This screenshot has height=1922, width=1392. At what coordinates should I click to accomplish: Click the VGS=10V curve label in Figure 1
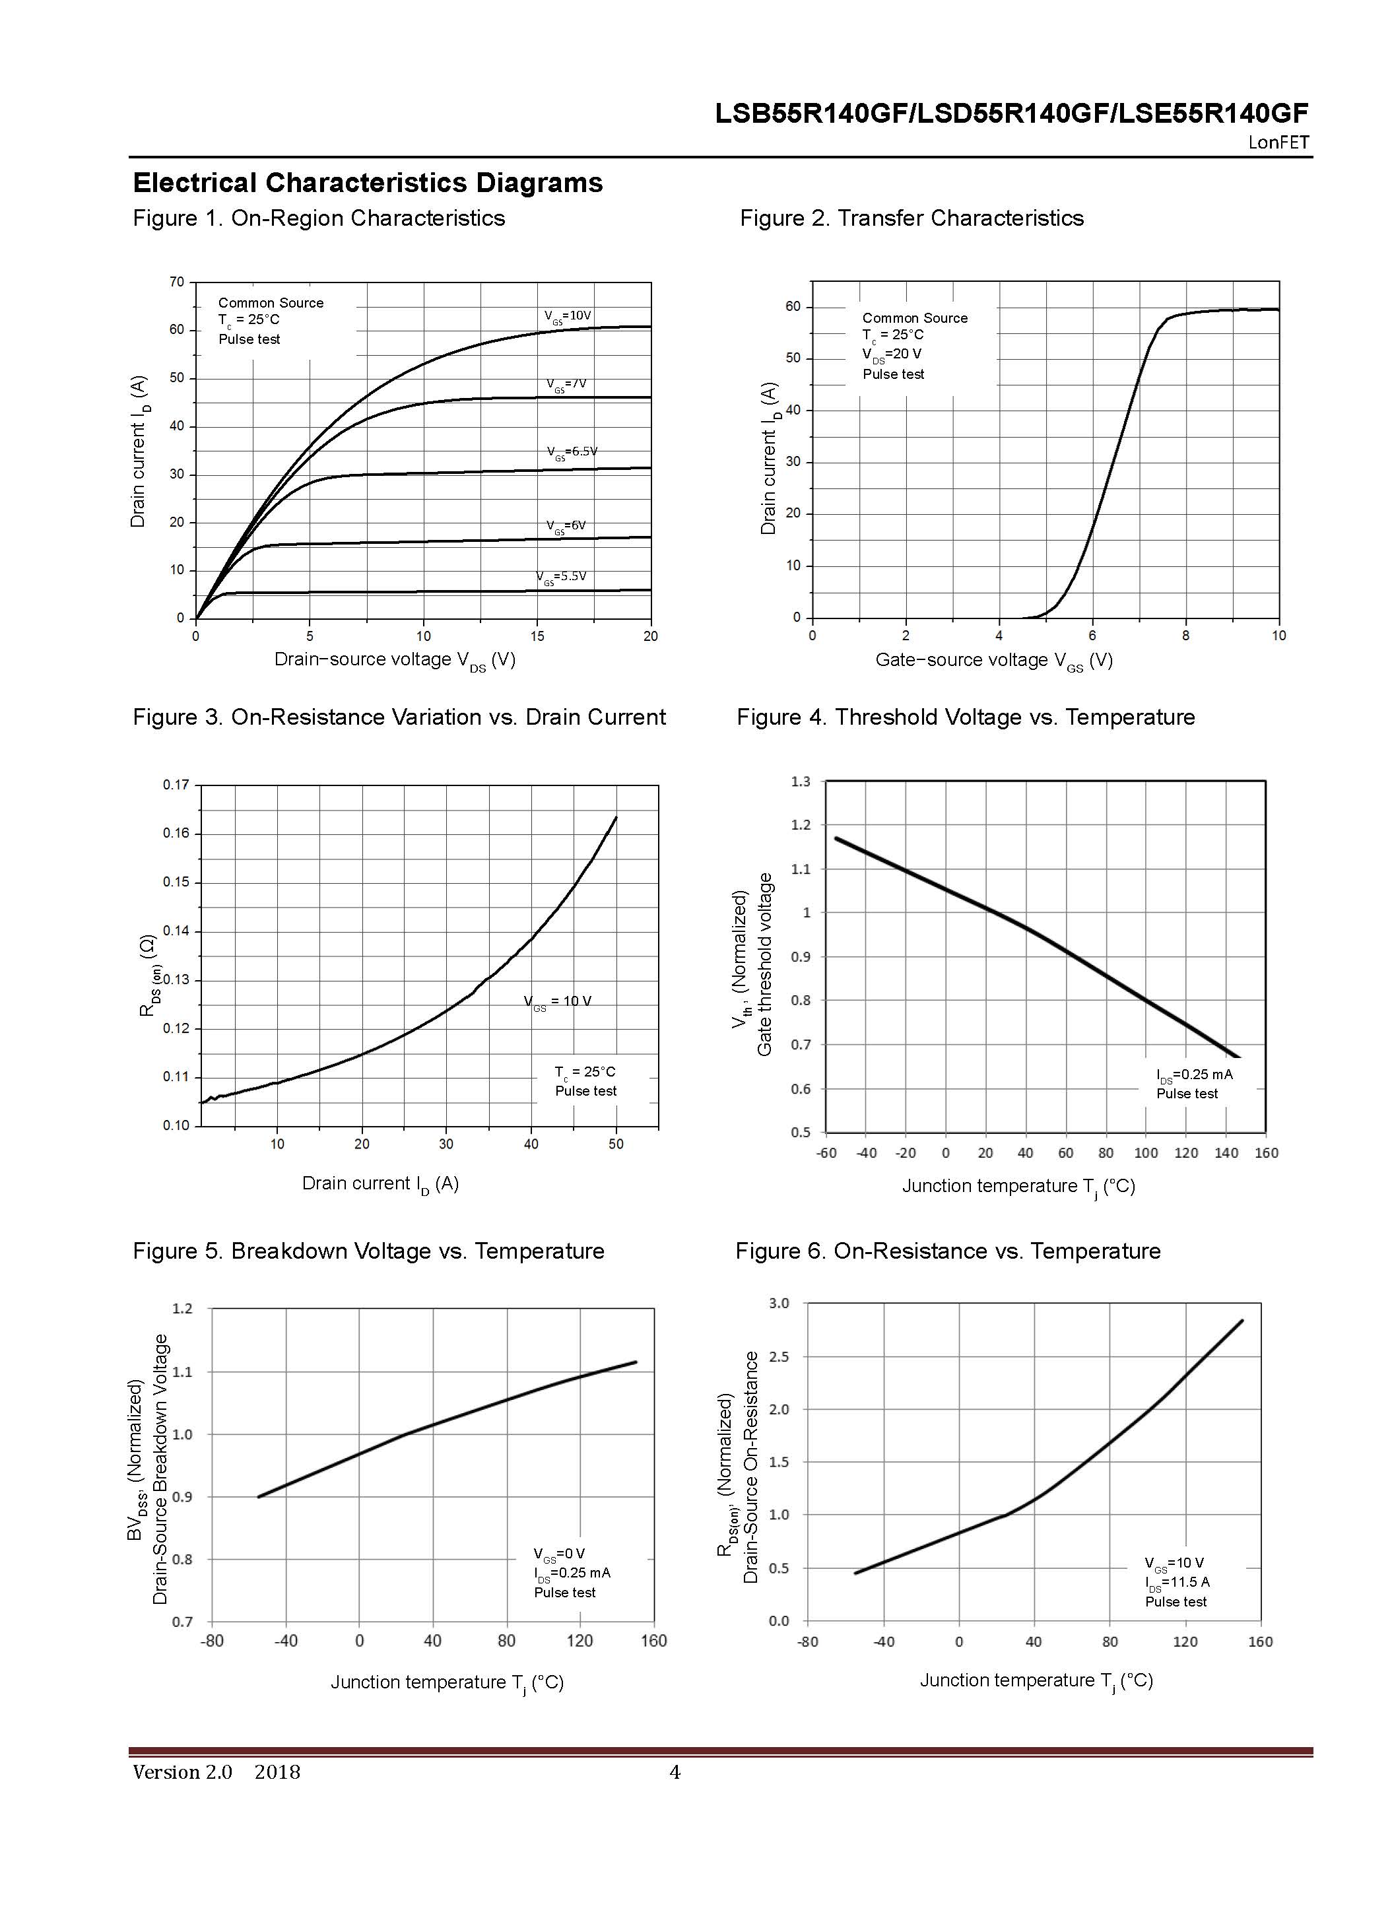tap(567, 316)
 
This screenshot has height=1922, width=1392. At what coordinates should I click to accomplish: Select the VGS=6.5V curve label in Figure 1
tap(571, 451)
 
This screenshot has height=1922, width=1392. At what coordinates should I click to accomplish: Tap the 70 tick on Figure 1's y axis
tap(176, 282)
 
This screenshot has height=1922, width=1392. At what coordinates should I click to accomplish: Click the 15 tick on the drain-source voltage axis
tap(537, 636)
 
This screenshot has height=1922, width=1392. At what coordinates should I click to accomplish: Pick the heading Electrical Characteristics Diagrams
tap(368, 183)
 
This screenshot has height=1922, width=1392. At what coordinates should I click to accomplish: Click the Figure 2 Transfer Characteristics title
tap(911, 218)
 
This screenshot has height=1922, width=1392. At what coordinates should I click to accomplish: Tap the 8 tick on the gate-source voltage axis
tap(1185, 636)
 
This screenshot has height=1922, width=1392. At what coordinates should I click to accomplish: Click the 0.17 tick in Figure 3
tap(176, 785)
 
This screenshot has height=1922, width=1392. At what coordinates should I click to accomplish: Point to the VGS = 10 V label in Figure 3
tap(558, 1002)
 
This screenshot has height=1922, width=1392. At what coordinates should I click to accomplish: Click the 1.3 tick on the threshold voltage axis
tap(801, 781)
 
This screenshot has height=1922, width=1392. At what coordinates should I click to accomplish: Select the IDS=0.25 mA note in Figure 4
tap(1194, 1075)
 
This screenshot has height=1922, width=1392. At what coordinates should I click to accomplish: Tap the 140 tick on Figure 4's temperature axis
tap(1226, 1153)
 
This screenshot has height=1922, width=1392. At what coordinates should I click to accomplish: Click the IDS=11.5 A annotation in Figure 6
tap(1177, 1582)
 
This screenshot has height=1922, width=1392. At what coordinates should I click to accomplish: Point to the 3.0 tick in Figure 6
tap(779, 1304)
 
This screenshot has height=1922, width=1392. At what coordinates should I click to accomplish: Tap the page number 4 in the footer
tap(675, 1773)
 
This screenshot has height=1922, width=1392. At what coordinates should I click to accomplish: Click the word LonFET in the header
tap(1278, 143)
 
